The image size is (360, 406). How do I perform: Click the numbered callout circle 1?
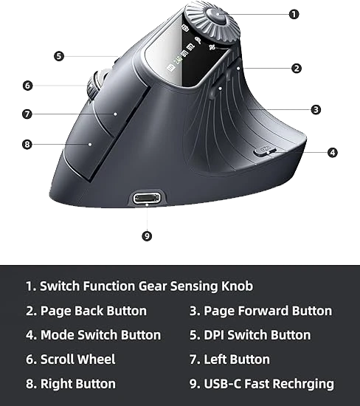[x=294, y=14]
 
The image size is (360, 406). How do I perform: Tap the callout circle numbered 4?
[x=333, y=153]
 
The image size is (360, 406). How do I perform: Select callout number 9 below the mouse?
[x=147, y=236]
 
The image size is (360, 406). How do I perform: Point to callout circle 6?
[x=28, y=86]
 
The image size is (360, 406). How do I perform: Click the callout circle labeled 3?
[x=316, y=110]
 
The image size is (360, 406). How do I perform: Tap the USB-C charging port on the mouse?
[x=147, y=199]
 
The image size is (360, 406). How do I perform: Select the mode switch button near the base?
[x=265, y=151]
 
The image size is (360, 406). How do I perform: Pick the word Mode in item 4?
[x=58, y=335]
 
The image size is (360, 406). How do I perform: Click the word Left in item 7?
[x=215, y=359]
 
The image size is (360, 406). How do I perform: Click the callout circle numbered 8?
[x=27, y=145]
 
